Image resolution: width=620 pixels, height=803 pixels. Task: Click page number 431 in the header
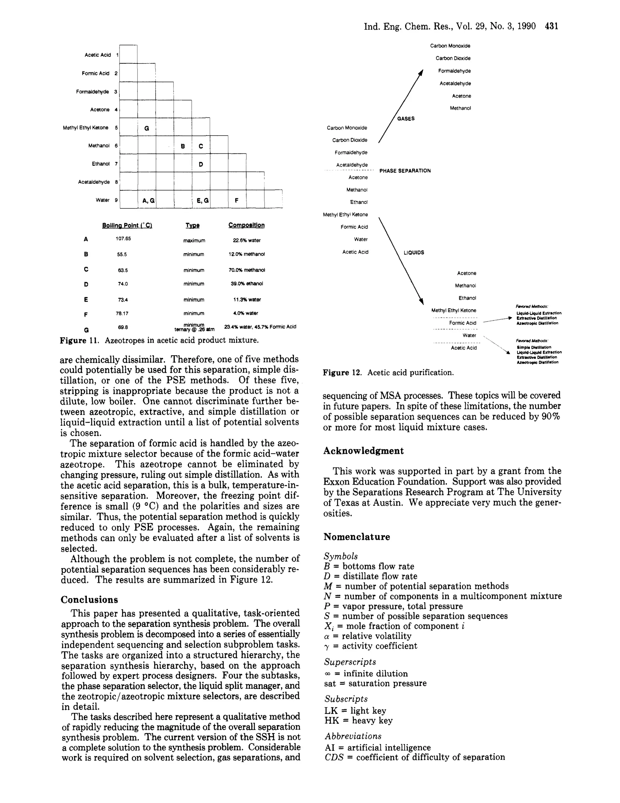tap(551, 26)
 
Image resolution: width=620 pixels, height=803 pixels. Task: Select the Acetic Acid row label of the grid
tap(97, 55)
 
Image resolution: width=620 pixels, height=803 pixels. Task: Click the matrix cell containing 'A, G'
tap(147, 200)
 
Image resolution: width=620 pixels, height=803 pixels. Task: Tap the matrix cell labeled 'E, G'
tap(202, 200)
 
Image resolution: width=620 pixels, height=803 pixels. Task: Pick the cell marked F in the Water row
tap(237, 200)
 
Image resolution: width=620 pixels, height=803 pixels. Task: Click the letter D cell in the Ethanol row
tap(201, 164)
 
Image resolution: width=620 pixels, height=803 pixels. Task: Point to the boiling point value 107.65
tap(123, 239)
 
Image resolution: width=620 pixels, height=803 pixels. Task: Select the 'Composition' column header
tap(246, 225)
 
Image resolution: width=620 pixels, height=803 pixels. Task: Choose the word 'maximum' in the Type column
tap(194, 241)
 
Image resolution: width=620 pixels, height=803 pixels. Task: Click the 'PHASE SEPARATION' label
tap(405, 171)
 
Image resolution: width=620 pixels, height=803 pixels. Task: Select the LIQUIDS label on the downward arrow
tap(414, 253)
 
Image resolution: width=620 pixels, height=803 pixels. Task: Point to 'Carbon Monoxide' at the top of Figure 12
tap(450, 46)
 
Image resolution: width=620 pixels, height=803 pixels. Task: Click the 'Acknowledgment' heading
tap(363, 451)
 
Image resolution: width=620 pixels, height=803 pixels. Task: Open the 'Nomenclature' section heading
tap(357, 537)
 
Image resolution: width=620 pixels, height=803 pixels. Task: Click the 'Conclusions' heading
tap(89, 600)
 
